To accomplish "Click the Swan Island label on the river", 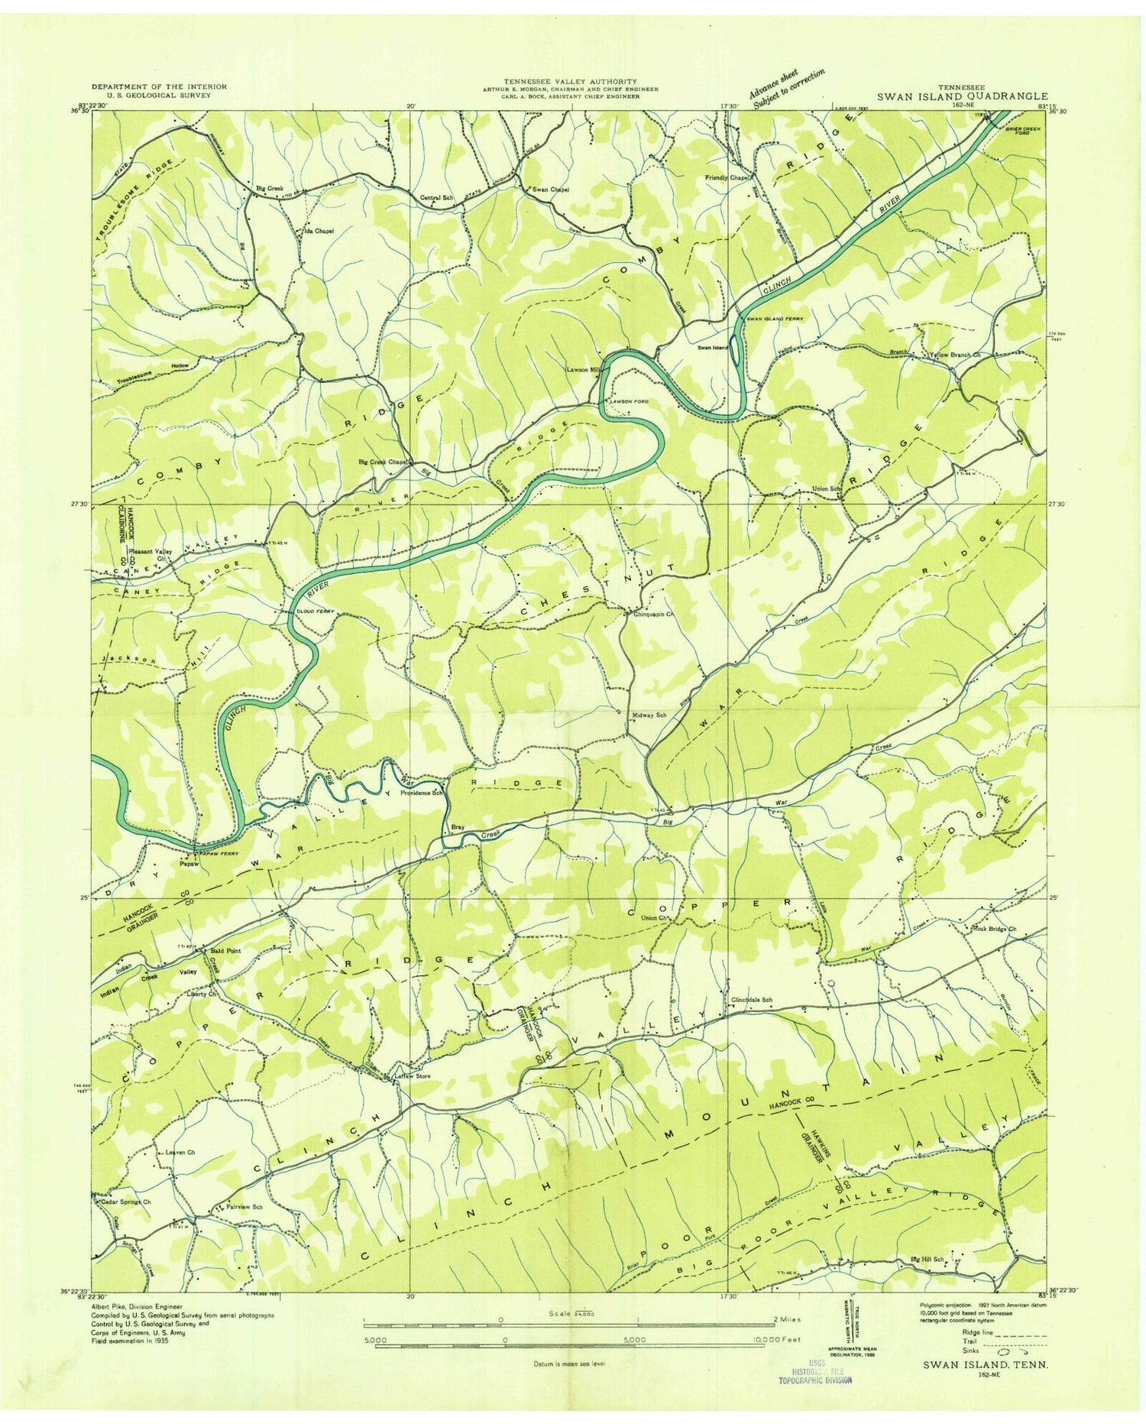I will (x=711, y=346).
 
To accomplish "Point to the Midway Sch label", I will (x=649, y=715).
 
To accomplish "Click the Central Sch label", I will (x=437, y=198).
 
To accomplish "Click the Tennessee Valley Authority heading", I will (x=569, y=81).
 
